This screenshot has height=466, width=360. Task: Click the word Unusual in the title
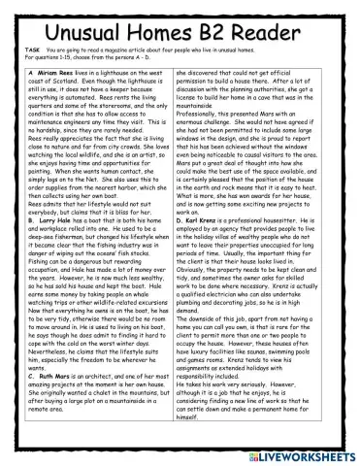(62, 20)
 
